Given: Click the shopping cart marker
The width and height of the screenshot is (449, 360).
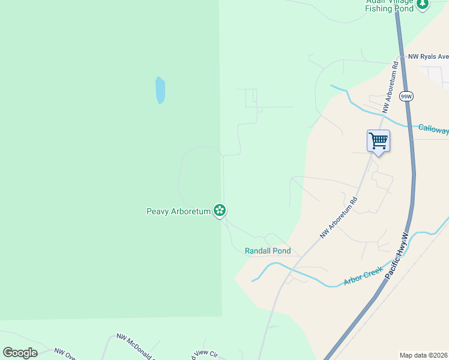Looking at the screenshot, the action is pyautogui.click(x=378, y=142).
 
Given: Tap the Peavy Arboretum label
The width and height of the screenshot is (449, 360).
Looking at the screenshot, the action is pyautogui.click(x=179, y=211).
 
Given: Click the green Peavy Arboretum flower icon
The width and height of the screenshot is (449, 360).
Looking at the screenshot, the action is pyautogui.click(x=220, y=211).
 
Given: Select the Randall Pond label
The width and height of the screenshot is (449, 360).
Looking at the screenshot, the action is pyautogui.click(x=268, y=251).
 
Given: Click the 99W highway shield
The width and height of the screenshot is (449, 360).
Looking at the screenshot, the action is pyautogui.click(x=406, y=97).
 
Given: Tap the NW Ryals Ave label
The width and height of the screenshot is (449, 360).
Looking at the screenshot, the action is pyautogui.click(x=428, y=57).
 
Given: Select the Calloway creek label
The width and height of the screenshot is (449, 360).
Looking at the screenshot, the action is pyautogui.click(x=433, y=129).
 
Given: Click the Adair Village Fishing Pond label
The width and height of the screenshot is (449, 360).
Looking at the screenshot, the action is pyautogui.click(x=390, y=5).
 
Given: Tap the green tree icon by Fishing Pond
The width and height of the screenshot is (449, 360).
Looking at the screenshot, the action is pyautogui.click(x=423, y=4).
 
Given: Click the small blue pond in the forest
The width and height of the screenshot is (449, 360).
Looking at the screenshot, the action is pyautogui.click(x=160, y=90).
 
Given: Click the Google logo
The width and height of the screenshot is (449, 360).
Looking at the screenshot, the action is pyautogui.click(x=20, y=353).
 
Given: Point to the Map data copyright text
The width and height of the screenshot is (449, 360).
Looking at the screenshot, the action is pyautogui.click(x=424, y=355).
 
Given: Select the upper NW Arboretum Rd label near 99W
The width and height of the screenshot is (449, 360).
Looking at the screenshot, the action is pyautogui.click(x=390, y=87).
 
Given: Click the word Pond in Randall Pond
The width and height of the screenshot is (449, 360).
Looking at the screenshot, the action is pyautogui.click(x=280, y=251).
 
